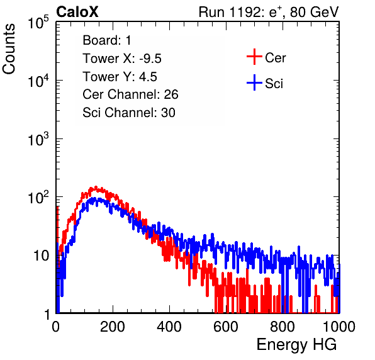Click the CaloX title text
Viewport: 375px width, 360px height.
[77, 12]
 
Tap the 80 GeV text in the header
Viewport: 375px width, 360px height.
[314, 12]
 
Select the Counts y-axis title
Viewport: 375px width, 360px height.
[9, 49]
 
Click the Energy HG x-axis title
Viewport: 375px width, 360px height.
[296, 345]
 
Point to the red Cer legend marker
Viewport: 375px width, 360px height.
[254, 57]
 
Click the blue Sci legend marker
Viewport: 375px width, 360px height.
[254, 82]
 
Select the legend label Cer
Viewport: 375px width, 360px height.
[275, 58]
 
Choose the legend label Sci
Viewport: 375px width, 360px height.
[274, 84]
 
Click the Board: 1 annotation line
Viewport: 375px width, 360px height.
[107, 40]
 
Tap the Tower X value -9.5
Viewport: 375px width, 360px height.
[150, 59]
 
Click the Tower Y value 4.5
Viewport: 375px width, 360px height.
[148, 77]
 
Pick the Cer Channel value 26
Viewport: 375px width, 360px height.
[171, 94]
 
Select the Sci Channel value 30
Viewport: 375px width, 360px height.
[168, 113]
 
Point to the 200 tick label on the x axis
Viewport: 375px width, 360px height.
[113, 327]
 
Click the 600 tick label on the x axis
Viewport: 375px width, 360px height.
[226, 327]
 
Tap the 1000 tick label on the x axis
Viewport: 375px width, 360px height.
[339, 327]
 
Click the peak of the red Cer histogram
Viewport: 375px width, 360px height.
[96, 187]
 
